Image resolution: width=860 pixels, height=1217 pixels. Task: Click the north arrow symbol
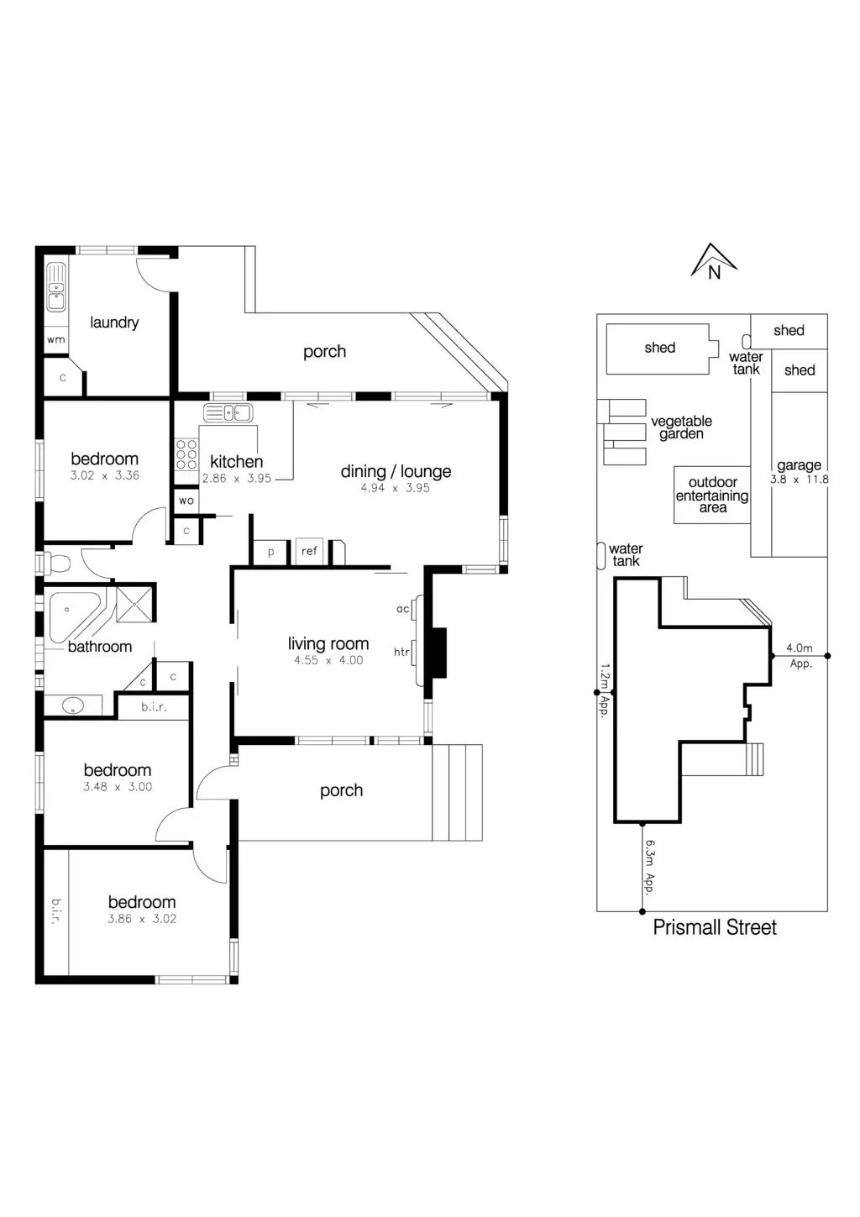tap(713, 261)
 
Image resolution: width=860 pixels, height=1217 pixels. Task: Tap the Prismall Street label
tap(715, 927)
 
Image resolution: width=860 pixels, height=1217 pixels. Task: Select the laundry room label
tap(114, 323)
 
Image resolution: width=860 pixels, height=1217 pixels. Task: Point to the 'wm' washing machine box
tap(55, 340)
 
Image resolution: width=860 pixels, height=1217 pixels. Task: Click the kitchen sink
tap(228, 412)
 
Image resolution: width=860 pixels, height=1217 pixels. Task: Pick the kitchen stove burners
tap(186, 454)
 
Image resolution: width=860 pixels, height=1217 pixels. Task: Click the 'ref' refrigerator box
tap(309, 551)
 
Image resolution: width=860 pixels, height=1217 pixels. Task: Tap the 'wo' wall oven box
tap(186, 501)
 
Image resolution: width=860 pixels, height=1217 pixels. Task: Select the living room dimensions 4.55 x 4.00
tap(328, 661)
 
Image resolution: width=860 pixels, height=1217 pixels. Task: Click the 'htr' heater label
tap(401, 652)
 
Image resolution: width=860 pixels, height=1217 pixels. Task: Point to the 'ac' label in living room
tap(402, 609)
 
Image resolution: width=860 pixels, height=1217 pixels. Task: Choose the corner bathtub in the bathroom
tap(74, 615)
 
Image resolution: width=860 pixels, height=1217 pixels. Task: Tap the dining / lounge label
tap(396, 471)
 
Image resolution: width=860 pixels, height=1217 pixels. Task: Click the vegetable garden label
tap(681, 428)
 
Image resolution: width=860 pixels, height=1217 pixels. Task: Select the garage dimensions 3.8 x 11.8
tap(799, 480)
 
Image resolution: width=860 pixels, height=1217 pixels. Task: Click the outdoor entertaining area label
tap(712, 495)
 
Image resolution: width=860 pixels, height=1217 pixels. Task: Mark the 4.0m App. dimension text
tap(800, 655)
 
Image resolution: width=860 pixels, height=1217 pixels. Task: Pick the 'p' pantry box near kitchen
tap(270, 552)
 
